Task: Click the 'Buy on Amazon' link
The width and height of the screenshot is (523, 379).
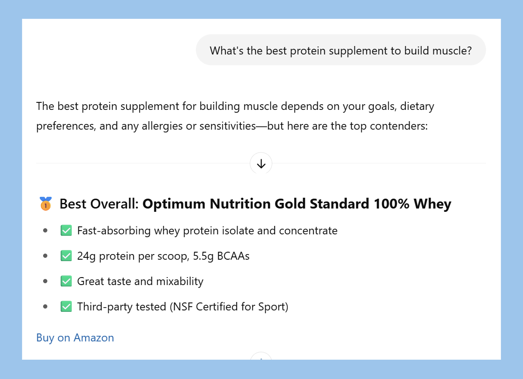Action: [x=75, y=338]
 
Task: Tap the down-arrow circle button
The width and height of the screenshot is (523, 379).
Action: [x=261, y=163]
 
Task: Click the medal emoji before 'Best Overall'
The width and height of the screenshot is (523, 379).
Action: [x=45, y=204]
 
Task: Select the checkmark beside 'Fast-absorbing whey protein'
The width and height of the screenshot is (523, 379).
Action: [x=66, y=231]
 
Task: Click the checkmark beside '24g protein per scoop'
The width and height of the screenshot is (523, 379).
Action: [x=66, y=256]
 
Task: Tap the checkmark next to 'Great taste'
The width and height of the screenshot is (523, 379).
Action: [x=66, y=281]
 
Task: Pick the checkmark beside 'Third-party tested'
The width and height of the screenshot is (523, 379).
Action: [x=66, y=307]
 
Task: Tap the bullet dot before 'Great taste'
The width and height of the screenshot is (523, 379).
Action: [x=45, y=281]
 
